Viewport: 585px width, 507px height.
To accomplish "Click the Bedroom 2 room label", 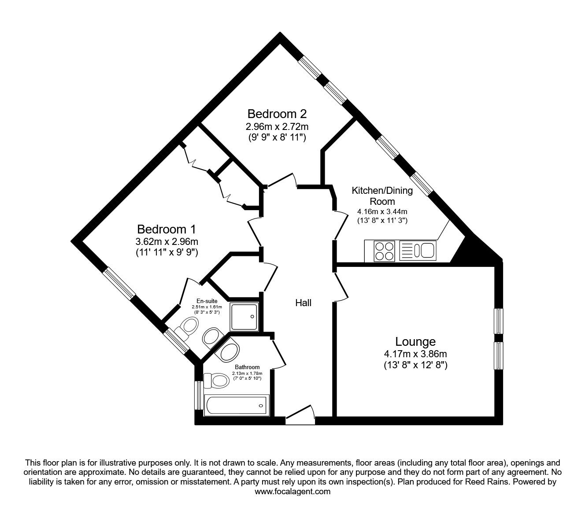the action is (x=277, y=114).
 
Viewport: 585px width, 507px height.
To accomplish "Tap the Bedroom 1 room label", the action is (x=167, y=229).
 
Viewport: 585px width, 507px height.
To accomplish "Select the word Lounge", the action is (x=415, y=342).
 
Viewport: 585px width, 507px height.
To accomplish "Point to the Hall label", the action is (x=304, y=303).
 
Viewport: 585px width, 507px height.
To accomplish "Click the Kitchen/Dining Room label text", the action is (x=382, y=196).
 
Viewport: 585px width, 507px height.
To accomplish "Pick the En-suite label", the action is (x=207, y=301).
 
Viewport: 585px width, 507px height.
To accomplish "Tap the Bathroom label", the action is (x=247, y=367).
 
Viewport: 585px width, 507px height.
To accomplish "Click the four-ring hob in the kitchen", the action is (x=384, y=251).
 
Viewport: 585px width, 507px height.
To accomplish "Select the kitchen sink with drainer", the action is (x=418, y=251).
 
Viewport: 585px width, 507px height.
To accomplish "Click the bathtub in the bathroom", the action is (x=237, y=406).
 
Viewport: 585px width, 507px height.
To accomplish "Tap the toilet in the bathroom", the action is (x=216, y=381).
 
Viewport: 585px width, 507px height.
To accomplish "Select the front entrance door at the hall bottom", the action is (x=300, y=416).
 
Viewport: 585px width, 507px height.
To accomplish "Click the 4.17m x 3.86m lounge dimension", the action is (x=415, y=354).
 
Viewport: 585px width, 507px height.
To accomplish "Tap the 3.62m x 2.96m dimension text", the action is (x=167, y=241).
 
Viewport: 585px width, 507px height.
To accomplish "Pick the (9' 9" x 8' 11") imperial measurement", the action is (x=277, y=137).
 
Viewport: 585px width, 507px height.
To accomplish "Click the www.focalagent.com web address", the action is (x=292, y=492).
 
